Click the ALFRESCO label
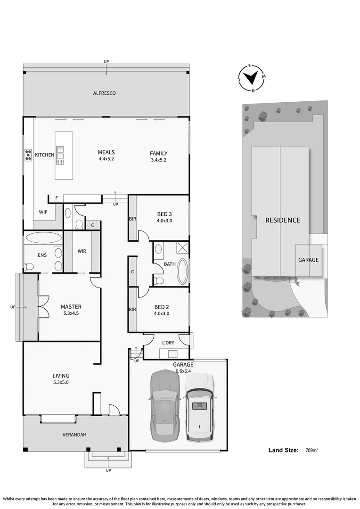(104, 93)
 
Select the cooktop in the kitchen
(28, 155)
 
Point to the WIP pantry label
(43, 212)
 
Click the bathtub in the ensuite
(43, 237)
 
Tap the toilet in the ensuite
(29, 267)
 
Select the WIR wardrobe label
(82, 251)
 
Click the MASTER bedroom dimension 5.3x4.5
(69, 313)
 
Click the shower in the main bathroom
(182, 248)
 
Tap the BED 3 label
(164, 214)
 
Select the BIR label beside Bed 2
(132, 310)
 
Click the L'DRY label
(168, 342)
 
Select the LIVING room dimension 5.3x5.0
(60, 383)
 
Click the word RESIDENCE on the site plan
(282, 220)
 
